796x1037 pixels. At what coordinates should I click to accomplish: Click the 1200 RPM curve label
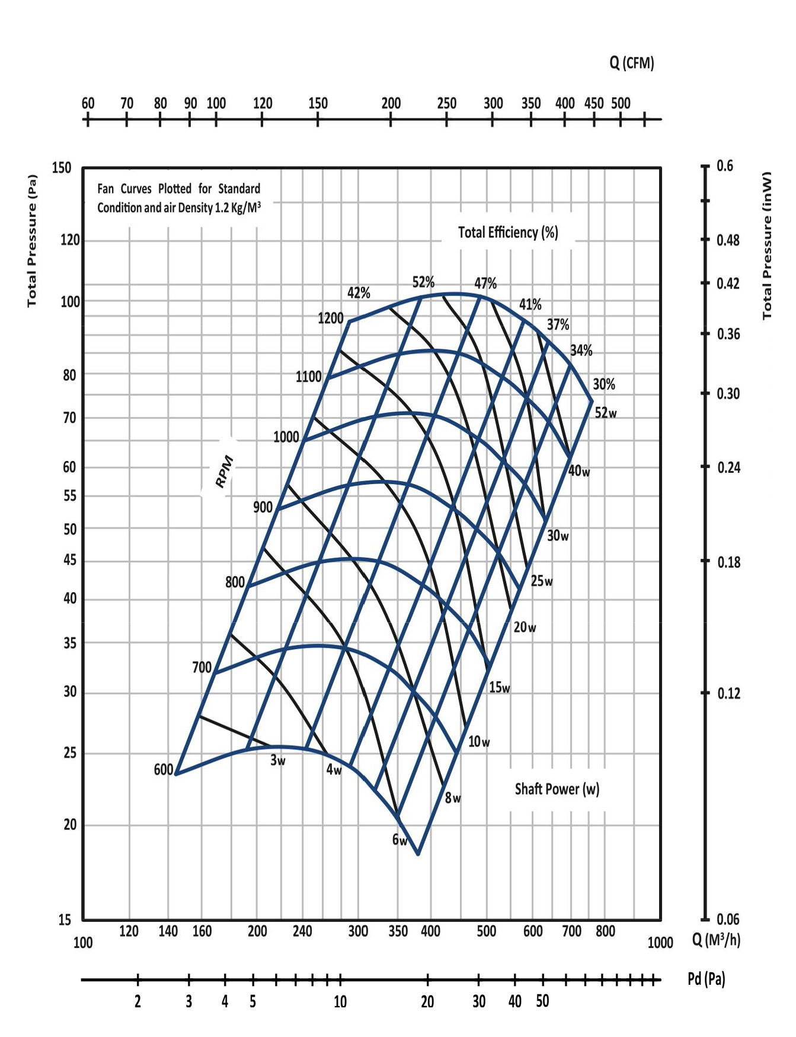pos(330,319)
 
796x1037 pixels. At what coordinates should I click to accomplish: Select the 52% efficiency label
pos(423,282)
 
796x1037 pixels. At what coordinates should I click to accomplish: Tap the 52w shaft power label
pos(605,413)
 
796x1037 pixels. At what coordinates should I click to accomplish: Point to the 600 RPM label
pos(163,770)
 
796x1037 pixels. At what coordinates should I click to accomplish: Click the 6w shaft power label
pos(399,840)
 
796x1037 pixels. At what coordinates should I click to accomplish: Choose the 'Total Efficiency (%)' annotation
pos(508,233)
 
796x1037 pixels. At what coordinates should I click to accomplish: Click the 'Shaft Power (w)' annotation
pos(557,789)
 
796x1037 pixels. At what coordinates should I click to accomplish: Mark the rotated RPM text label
pos(225,472)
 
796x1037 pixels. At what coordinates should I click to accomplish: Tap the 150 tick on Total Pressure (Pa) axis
pos(61,168)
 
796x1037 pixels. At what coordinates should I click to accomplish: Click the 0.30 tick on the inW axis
pos(728,394)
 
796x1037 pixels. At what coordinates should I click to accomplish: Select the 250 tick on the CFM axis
pos(446,103)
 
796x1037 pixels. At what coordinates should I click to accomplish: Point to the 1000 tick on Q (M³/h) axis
pos(660,943)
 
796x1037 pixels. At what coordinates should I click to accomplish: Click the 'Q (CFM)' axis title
pos(631,63)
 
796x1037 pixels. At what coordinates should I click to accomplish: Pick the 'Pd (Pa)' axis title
pos(706,979)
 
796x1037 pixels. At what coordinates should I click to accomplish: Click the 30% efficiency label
pos(603,384)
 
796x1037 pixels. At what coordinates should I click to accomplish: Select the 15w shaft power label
pos(499,688)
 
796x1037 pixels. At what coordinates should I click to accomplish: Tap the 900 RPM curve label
pos(263,507)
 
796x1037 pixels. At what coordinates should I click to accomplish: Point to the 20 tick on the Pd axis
pos(427,1002)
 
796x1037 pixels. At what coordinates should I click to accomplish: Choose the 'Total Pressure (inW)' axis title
pos(767,246)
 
